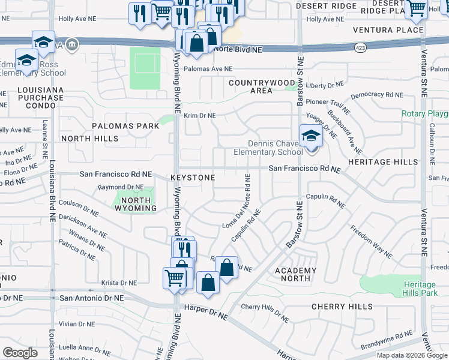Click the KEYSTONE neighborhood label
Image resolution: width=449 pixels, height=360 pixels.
point(192,178)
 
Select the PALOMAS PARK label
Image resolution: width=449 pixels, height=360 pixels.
point(125,126)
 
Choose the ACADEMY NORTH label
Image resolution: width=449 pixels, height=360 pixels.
point(295,274)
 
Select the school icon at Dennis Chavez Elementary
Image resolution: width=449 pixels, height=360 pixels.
point(310,136)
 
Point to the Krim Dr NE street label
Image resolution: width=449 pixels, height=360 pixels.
point(199,115)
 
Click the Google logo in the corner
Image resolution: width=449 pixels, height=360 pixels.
point(20,353)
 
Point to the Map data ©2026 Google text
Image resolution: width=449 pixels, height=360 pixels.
point(412,355)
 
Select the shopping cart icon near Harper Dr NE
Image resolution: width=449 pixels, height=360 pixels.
point(174,278)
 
